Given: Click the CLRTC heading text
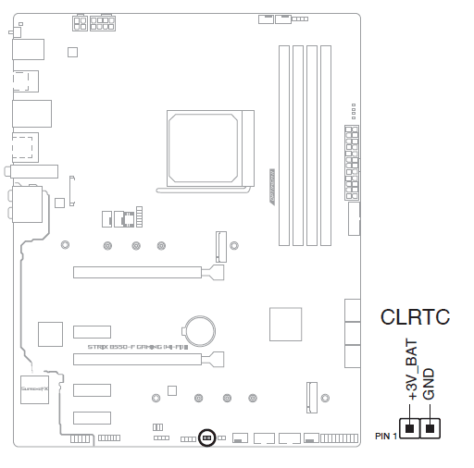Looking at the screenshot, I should coord(415,318).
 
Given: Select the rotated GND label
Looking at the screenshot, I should coord(429,382).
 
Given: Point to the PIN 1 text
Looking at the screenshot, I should coord(387,434).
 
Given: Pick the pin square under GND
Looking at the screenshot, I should coord(430,428).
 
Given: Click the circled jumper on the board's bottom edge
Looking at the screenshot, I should coord(207,437).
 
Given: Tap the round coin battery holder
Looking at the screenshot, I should coord(199,326).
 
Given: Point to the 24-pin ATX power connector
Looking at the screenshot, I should coord(351,162).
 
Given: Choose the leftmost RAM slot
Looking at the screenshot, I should coord(284,142).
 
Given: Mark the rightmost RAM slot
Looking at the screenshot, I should coord(326,142).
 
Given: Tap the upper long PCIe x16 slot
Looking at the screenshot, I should coord(143,273).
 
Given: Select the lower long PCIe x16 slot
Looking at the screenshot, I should coord(143,358).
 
